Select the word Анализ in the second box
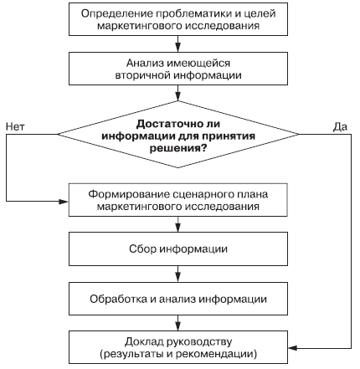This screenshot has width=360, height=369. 145,64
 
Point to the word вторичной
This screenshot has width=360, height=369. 142,75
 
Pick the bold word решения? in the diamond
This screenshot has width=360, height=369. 178,148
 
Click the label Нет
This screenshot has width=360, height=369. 15,127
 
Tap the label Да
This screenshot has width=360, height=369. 340,127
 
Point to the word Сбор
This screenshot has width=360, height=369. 142,249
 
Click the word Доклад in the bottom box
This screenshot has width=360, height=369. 144,342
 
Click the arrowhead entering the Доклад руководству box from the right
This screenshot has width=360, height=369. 293,348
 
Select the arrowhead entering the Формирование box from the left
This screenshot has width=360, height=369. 64,202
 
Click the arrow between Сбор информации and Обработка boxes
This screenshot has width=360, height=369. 178,274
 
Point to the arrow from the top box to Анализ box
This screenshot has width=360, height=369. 178,44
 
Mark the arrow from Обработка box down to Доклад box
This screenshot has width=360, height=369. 178,323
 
